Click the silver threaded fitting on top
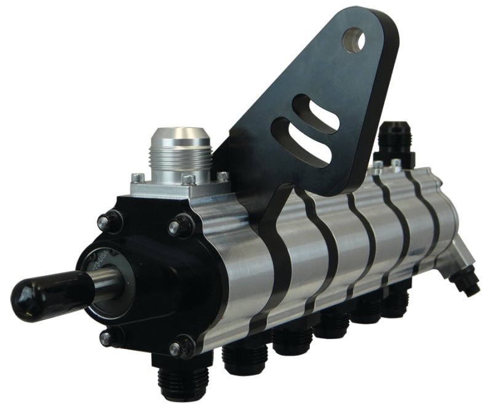click(x=181, y=154)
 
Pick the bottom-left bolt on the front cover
click(x=106, y=337)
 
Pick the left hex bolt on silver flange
click(x=140, y=178)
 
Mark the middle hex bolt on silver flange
click(x=188, y=180)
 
